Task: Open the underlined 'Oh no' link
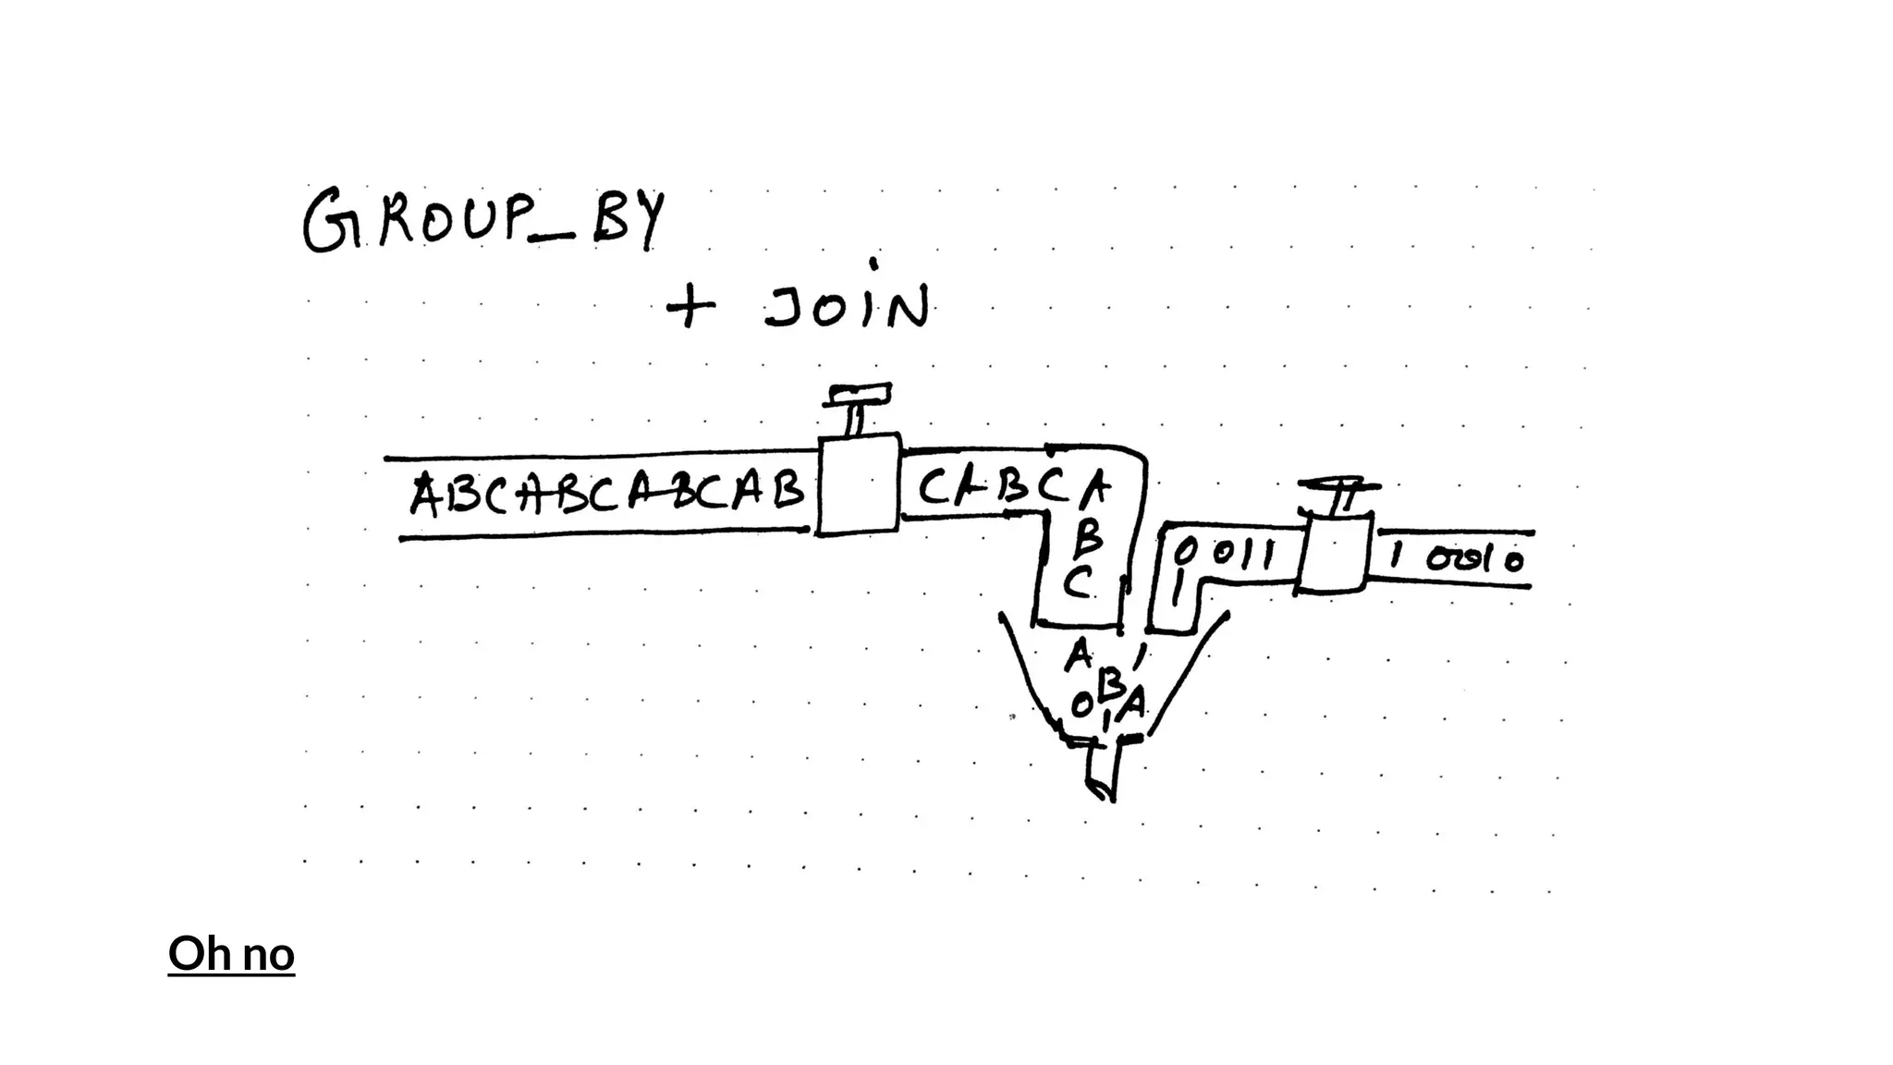click(x=231, y=953)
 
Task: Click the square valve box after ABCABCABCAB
click(x=858, y=484)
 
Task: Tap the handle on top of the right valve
click(x=1340, y=492)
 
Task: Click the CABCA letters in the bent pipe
click(x=1012, y=486)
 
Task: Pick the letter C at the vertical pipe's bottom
click(x=1078, y=582)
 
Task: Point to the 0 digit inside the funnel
click(x=1081, y=706)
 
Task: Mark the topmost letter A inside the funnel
click(x=1078, y=655)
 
